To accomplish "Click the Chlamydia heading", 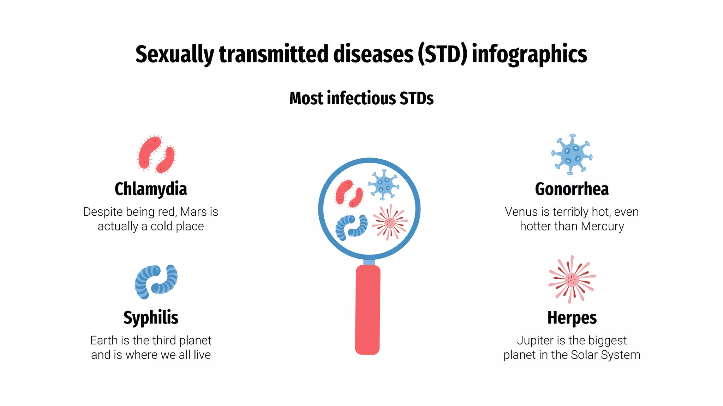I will pyautogui.click(x=151, y=189).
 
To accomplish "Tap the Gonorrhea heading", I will pyautogui.click(x=572, y=189).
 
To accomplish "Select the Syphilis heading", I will pyautogui.click(x=151, y=318).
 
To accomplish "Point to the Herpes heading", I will pyautogui.click(x=572, y=318).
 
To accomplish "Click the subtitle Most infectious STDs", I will pyautogui.click(x=361, y=98).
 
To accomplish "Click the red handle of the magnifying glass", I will pyautogui.click(x=368, y=310).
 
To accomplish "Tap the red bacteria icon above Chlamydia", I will pyautogui.click(x=156, y=154).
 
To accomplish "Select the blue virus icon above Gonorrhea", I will pyautogui.click(x=572, y=154).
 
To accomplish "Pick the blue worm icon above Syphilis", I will pyautogui.click(x=156, y=282).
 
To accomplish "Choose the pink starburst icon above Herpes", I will pyautogui.click(x=572, y=279).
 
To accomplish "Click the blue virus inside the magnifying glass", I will pyautogui.click(x=383, y=185).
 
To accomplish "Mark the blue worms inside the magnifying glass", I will pyautogui.click(x=351, y=227).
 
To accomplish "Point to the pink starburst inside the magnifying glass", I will pyautogui.click(x=390, y=222).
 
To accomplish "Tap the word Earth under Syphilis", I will pyautogui.click(x=104, y=340).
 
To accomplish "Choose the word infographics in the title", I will pyautogui.click(x=529, y=55).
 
